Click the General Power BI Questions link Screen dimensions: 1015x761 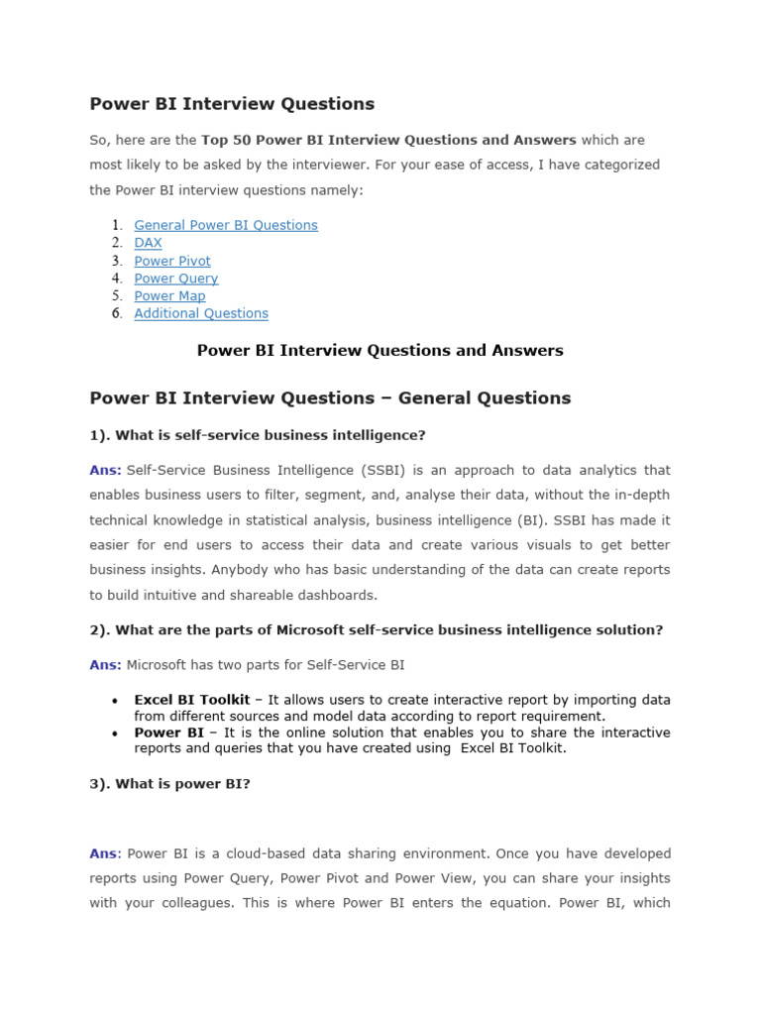tap(226, 225)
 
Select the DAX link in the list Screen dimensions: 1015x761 tap(148, 243)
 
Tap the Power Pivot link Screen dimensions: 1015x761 tap(172, 261)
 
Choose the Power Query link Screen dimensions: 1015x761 tap(176, 279)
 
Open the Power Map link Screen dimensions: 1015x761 tap(169, 296)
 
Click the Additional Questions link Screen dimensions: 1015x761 tap(201, 313)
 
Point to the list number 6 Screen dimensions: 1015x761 tap(116, 313)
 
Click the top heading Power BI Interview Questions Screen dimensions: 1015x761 tap(232, 104)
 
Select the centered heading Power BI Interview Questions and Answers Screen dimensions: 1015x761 tap(380, 350)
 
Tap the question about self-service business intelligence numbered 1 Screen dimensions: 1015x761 tap(258, 435)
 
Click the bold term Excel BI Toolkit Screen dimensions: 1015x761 tap(192, 700)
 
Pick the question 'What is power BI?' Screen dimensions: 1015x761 tap(170, 784)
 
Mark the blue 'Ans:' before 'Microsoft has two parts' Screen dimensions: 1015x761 tap(106, 665)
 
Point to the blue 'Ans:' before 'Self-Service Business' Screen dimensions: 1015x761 tap(106, 470)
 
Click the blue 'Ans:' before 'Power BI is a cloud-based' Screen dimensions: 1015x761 tap(105, 853)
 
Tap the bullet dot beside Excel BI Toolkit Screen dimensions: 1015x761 tap(117, 701)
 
